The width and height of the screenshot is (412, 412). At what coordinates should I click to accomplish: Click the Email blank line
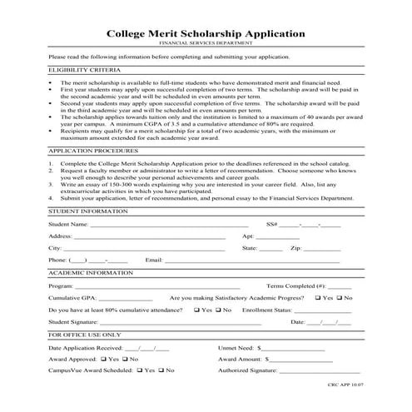(x=208, y=261)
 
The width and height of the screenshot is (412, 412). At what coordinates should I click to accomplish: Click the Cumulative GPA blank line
(x=125, y=298)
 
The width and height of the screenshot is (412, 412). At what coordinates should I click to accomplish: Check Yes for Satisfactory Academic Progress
(x=317, y=297)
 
